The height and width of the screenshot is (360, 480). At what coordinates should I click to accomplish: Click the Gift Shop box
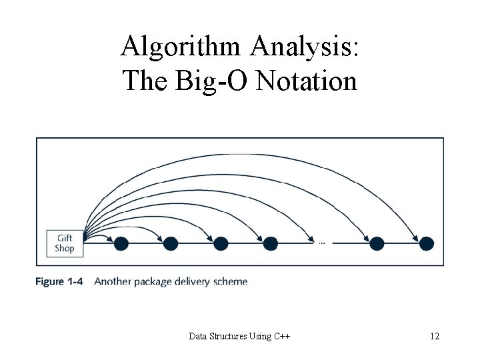pyautogui.click(x=65, y=243)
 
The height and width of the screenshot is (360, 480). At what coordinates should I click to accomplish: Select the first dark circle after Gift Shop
pyautogui.click(x=121, y=244)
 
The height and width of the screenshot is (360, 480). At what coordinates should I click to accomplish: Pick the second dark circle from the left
pyautogui.click(x=170, y=244)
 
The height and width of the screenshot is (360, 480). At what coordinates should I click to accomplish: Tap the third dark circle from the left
pyautogui.click(x=220, y=244)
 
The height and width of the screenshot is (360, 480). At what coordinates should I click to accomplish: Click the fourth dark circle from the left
pyautogui.click(x=270, y=244)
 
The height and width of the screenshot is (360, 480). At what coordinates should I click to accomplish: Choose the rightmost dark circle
pyautogui.click(x=426, y=244)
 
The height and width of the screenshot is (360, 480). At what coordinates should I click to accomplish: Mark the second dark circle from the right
pyautogui.click(x=377, y=244)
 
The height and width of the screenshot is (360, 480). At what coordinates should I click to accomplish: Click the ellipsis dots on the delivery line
pyautogui.click(x=322, y=243)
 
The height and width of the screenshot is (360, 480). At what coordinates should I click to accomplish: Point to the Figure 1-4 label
pyautogui.click(x=59, y=282)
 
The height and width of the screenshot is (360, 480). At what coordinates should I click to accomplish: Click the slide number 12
pyautogui.click(x=435, y=337)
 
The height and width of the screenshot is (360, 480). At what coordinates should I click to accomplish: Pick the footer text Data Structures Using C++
pyautogui.click(x=240, y=337)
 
